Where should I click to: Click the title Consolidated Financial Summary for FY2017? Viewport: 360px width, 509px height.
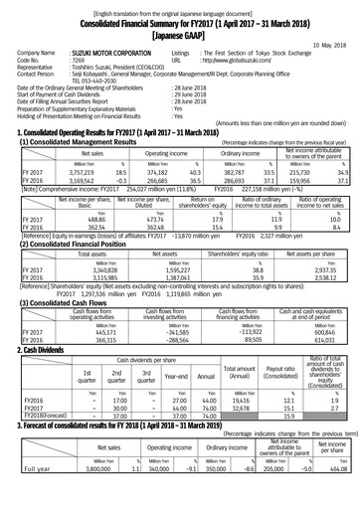(180, 19)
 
